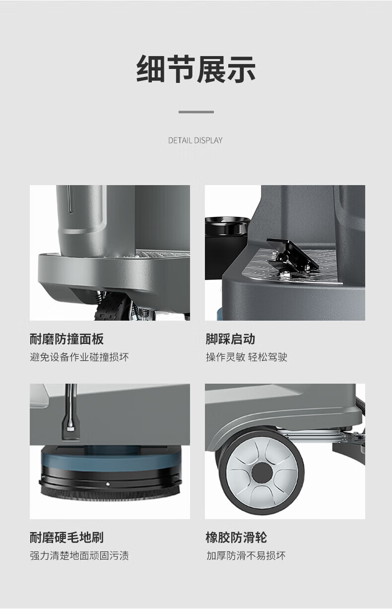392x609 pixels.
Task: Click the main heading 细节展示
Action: coord(196,69)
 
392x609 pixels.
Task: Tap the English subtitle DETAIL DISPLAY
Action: coord(195,140)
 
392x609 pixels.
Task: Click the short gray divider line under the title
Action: coord(196,112)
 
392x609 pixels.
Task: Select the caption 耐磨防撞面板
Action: coord(66,339)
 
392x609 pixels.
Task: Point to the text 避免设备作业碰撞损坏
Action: coord(79,357)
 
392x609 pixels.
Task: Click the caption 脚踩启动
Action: coord(230,339)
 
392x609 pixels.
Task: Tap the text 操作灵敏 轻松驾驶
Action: coord(247,357)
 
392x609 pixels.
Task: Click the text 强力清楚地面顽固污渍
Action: coord(79,556)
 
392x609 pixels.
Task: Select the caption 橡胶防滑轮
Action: coord(236,538)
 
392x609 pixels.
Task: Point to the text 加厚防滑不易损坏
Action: coord(246,556)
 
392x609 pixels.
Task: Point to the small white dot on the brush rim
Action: coord(108,484)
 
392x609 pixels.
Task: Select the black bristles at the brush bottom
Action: coord(110,496)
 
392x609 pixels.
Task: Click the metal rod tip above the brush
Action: coord(70,429)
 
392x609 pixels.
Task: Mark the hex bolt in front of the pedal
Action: coord(284,274)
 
